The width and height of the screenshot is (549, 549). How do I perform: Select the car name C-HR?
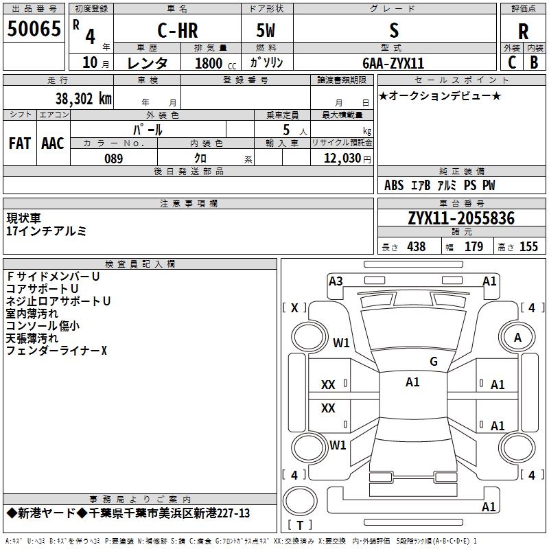point(176,31)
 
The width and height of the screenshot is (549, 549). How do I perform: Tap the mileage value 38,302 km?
point(83,98)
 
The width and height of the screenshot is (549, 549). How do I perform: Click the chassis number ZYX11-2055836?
point(461,218)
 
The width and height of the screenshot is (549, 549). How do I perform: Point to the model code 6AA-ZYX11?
point(393,63)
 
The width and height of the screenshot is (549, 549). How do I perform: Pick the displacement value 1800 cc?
point(213,63)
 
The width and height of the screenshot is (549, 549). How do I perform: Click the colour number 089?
point(113,159)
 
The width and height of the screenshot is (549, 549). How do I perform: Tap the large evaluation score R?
point(523,31)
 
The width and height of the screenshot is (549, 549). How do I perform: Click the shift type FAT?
point(19,143)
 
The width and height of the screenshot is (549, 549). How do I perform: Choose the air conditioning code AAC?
point(52,143)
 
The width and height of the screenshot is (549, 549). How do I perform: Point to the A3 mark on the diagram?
point(336,281)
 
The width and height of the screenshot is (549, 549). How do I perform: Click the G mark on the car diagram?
point(433,362)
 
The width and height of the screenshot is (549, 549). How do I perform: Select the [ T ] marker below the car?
point(299,526)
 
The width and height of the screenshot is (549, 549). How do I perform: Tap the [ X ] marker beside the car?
point(295,307)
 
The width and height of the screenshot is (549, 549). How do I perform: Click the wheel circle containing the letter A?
point(517,338)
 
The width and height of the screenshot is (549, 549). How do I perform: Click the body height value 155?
point(528,247)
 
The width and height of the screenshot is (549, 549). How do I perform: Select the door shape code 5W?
point(266,31)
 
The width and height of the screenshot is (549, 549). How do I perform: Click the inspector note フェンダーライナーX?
point(56,351)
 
